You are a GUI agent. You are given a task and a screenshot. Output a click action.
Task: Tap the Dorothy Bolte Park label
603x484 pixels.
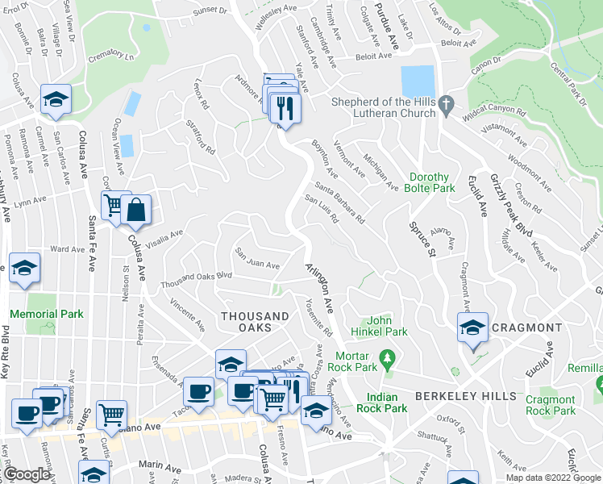[435, 182]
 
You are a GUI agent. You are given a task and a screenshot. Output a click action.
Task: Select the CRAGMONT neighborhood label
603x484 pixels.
[526, 328]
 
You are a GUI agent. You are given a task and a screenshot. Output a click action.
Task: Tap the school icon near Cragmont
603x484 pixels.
[472, 328]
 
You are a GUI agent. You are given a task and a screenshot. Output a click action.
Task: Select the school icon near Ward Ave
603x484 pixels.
[24, 267]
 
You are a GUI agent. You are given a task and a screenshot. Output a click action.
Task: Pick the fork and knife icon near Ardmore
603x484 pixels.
[285, 106]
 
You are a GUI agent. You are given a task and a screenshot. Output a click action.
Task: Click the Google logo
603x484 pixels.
[27, 474]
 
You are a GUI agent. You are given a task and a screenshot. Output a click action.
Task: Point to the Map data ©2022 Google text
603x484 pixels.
[552, 478]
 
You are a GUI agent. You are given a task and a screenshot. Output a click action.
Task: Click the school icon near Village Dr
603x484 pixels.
[56, 99]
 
